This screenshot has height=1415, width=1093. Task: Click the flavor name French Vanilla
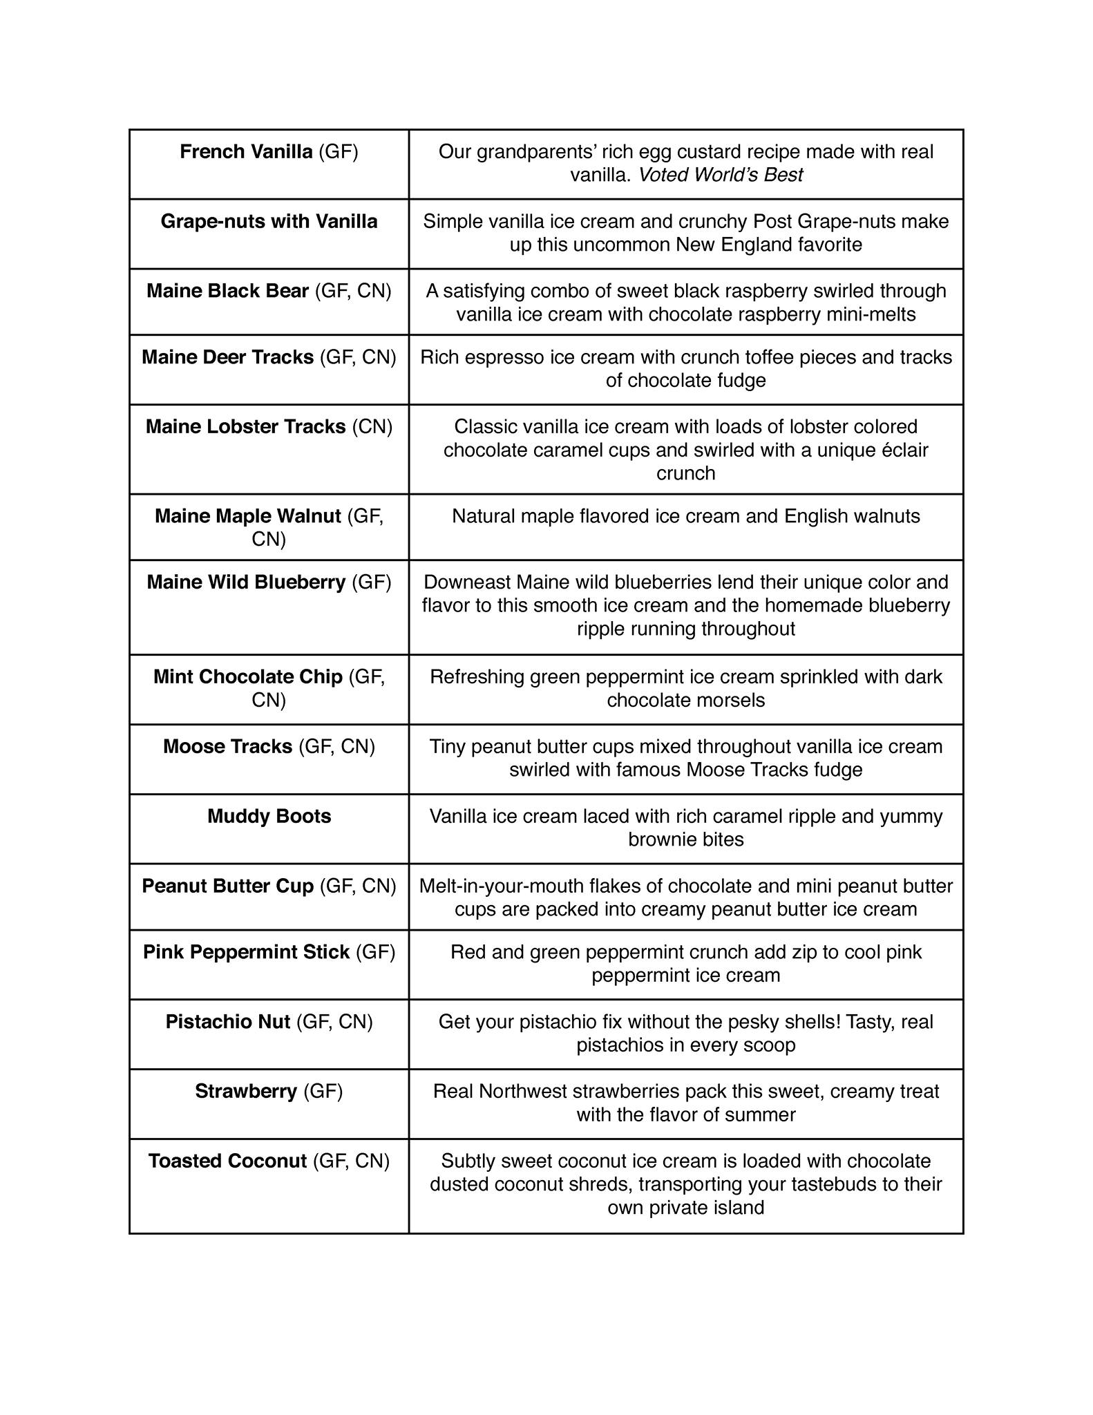[x=246, y=151]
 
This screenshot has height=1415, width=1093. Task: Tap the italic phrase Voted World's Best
[x=720, y=175]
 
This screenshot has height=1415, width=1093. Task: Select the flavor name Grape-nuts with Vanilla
[x=269, y=221]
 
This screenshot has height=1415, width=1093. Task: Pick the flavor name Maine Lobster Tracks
[x=245, y=426]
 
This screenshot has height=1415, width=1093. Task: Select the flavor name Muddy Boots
[x=269, y=816]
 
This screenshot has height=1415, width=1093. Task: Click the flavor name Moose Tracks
[x=227, y=746]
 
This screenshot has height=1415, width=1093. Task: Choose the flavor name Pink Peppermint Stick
[x=246, y=952]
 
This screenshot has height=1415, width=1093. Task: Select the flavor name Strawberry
[x=246, y=1091]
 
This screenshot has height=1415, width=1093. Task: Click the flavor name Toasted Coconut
[x=227, y=1161]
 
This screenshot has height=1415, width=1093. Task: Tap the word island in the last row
[x=741, y=1208]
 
